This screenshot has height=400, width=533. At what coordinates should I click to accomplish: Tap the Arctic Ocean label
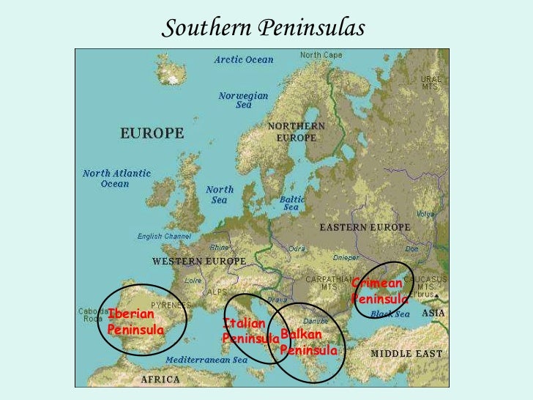pyautogui.click(x=244, y=59)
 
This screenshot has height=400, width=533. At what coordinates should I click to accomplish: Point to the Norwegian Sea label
pyautogui.click(x=244, y=100)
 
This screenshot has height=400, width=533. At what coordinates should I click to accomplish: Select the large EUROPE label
pyautogui.click(x=152, y=133)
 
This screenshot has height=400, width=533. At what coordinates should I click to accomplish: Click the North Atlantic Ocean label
pyautogui.click(x=116, y=179)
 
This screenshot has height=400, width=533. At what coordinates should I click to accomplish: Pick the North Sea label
pyautogui.click(x=220, y=194)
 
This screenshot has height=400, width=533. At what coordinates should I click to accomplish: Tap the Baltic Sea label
pyautogui.click(x=292, y=203)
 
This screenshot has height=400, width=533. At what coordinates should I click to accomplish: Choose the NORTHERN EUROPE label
pyautogui.click(x=297, y=132)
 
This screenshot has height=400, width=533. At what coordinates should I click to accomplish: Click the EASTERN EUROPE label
pyautogui.click(x=365, y=228)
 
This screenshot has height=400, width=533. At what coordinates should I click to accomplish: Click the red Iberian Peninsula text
pyautogui.click(x=135, y=322)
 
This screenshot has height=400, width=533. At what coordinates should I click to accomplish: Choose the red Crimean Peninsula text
pyautogui.click(x=379, y=291)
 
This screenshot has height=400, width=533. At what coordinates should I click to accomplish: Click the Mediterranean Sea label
pyautogui.click(x=206, y=360)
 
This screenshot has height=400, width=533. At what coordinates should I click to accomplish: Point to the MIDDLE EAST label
pyautogui.click(x=406, y=353)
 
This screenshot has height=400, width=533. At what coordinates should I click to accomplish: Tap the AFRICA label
pyautogui.click(x=160, y=379)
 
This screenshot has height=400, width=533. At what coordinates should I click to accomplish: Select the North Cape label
pyautogui.click(x=320, y=55)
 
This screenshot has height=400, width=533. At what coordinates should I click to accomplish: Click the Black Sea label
pyautogui.click(x=389, y=314)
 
